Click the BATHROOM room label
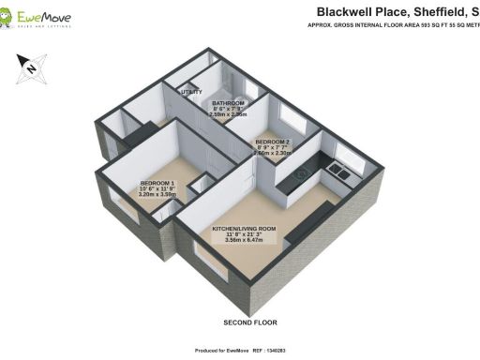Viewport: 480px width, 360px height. [228, 102]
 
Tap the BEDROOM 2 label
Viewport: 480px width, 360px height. [273, 141]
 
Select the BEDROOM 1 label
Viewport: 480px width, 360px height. [157, 182]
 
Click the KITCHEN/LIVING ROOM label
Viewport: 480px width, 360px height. [244, 228]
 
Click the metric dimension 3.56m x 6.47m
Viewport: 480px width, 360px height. [243, 243]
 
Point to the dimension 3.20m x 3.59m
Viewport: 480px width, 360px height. [157, 195]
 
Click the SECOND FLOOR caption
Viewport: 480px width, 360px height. [249, 322]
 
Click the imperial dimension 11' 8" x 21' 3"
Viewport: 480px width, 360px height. [243, 235]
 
